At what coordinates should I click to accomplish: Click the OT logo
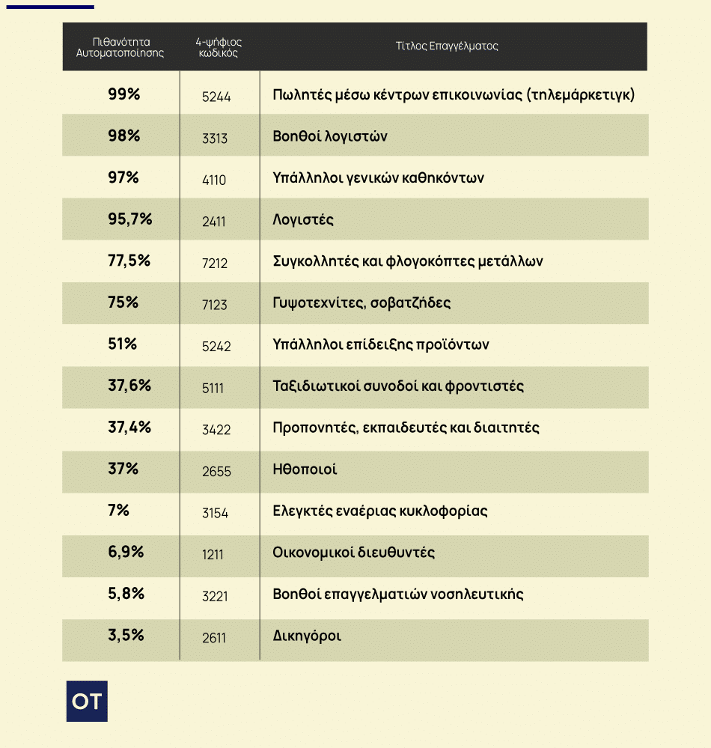click(x=87, y=701)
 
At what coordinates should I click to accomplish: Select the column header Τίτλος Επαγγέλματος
click(x=447, y=46)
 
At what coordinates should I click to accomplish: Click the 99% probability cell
click(x=123, y=94)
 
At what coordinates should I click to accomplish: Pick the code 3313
click(x=215, y=139)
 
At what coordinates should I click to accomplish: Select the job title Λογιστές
click(x=303, y=220)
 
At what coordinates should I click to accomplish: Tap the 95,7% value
click(x=130, y=219)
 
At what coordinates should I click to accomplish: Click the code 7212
click(x=215, y=264)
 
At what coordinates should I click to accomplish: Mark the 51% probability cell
click(x=123, y=344)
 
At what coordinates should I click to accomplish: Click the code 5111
click(x=213, y=388)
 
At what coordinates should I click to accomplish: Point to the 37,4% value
click(x=129, y=427)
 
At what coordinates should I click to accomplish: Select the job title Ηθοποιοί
click(x=305, y=469)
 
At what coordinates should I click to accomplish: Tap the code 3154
click(x=215, y=513)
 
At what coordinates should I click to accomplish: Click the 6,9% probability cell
click(x=126, y=552)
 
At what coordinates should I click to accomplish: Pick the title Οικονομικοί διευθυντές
click(x=354, y=553)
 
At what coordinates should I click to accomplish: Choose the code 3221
click(x=215, y=596)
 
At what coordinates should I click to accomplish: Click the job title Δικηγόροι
click(x=307, y=636)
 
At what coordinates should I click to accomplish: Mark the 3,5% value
click(x=126, y=635)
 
